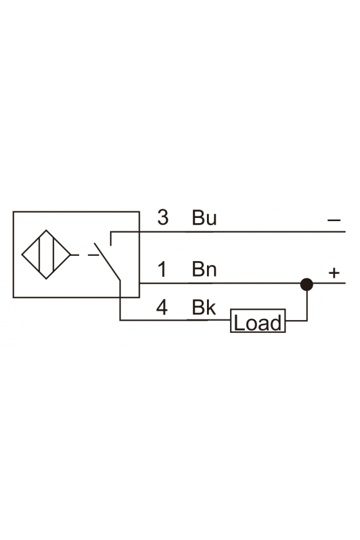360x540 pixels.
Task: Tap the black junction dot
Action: coord(306,284)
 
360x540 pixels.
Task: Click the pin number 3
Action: coord(163,217)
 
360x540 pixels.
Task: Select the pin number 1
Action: coord(162,269)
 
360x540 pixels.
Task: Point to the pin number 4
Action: coord(162,307)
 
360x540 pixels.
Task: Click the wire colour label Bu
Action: coord(204,218)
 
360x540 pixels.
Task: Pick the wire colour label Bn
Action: coord(204,269)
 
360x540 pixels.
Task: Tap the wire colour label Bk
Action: coord(204,307)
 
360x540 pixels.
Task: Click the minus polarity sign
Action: coord(334,220)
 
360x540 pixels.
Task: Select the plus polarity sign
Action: coord(334,273)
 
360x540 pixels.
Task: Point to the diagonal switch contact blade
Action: coord(107,262)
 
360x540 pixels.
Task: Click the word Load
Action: coord(258,323)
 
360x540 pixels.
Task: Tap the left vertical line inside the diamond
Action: coord(40,255)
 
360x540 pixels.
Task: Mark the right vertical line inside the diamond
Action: coord(53,255)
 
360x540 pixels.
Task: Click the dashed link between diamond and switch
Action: coord(85,255)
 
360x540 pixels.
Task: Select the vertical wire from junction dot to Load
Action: coord(307,306)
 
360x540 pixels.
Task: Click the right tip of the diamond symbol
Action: coord(71,255)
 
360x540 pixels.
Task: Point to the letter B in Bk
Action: coord(198,307)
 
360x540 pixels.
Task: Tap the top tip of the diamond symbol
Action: coord(46,230)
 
